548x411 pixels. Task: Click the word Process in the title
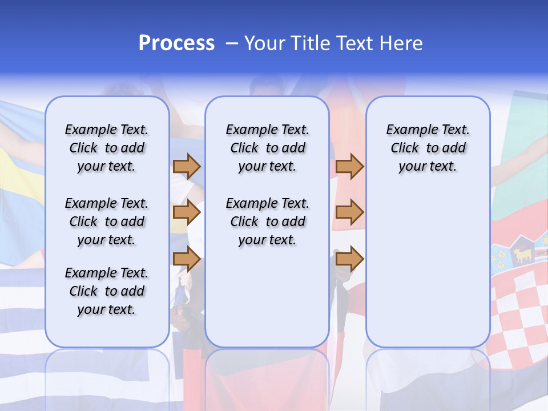(x=176, y=43)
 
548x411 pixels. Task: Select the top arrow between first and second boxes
(x=187, y=166)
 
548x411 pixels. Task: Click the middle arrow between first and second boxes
(x=187, y=213)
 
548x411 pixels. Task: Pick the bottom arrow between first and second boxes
(x=187, y=260)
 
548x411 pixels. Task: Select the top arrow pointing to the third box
(x=349, y=166)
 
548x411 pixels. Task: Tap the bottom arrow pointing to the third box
(x=349, y=260)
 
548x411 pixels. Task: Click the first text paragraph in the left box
(x=107, y=148)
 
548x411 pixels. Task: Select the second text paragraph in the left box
(x=107, y=221)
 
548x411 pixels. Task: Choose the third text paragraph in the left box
(x=107, y=291)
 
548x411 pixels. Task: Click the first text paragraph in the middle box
(x=267, y=148)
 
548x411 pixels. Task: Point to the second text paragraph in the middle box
(x=267, y=221)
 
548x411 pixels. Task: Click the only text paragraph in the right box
(x=428, y=148)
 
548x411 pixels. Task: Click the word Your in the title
(x=264, y=43)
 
